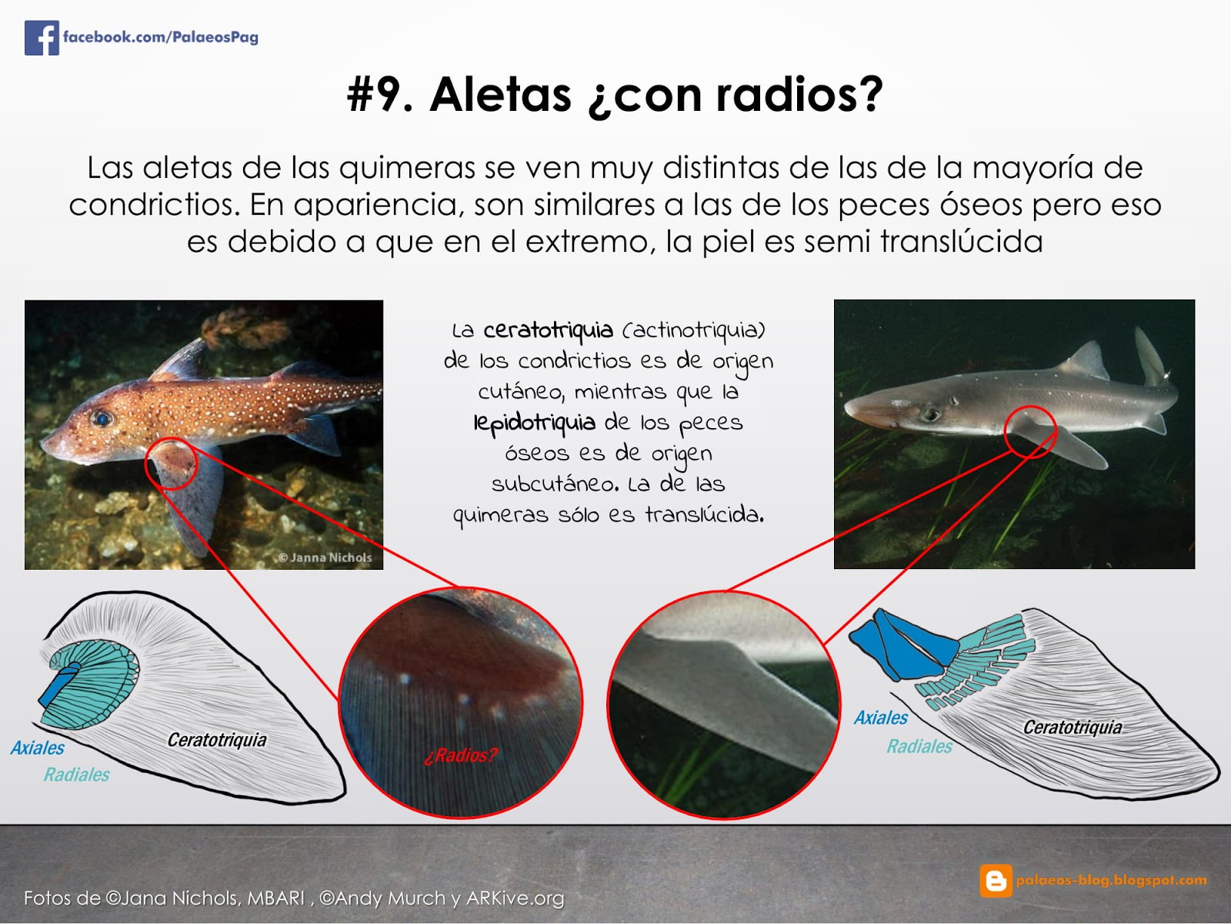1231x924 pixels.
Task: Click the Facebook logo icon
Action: click(x=42, y=37)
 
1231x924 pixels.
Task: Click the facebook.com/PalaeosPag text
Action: click(x=160, y=37)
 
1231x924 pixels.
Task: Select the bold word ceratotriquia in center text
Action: click(x=548, y=330)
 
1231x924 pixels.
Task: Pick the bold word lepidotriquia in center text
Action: click(x=535, y=423)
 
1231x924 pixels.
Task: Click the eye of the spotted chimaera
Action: click(x=102, y=419)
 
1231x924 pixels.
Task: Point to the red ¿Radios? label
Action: click(x=460, y=755)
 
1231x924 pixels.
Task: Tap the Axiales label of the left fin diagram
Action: click(x=37, y=748)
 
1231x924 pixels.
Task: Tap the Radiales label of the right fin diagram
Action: click(x=919, y=746)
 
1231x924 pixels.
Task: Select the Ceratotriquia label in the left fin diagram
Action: click(x=217, y=740)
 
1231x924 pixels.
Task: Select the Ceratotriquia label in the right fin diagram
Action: click(x=1073, y=727)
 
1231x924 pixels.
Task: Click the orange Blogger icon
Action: click(x=996, y=880)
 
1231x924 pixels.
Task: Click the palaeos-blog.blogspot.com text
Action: click(x=1111, y=880)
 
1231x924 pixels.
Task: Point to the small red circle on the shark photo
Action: click(x=1031, y=432)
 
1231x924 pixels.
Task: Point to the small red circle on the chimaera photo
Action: click(x=172, y=464)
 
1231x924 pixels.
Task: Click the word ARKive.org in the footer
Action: click(x=515, y=898)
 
